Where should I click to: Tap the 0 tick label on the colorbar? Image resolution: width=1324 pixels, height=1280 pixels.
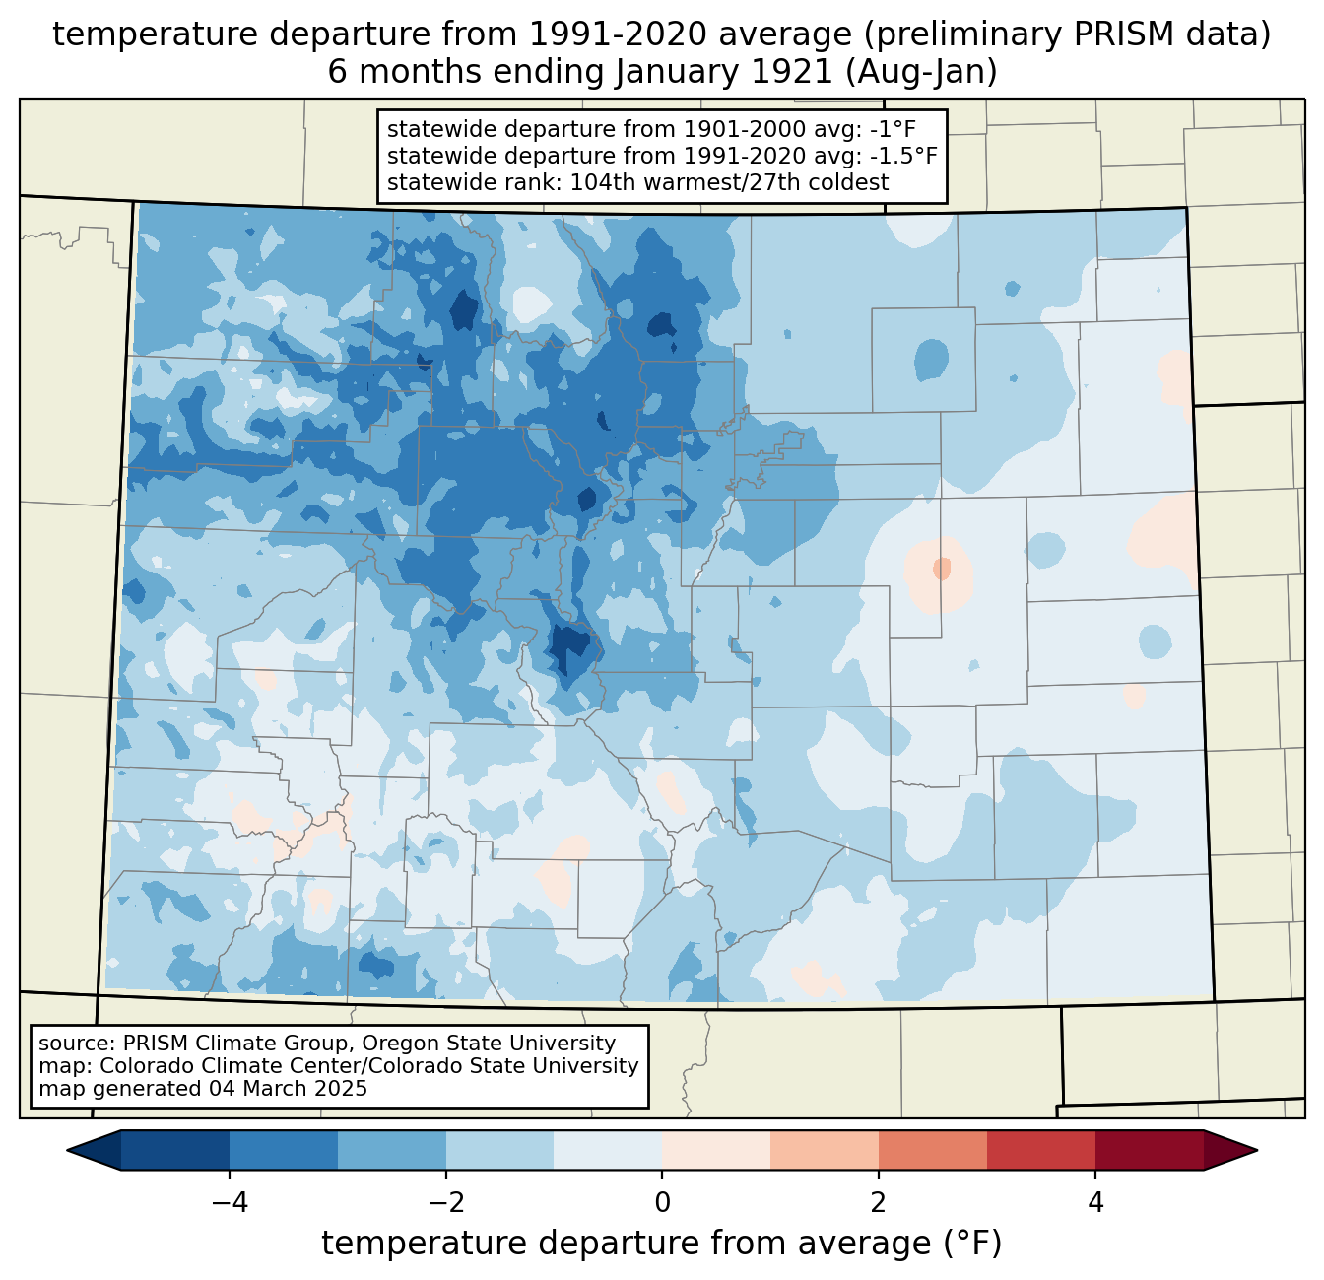pos(662,1202)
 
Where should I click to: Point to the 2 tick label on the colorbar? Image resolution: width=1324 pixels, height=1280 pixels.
pos(879,1202)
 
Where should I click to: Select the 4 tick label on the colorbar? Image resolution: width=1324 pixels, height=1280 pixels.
pos(1095,1202)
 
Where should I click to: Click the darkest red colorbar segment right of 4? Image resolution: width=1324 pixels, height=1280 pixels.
pos(1149,1150)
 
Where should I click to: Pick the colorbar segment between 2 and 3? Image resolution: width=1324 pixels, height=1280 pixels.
pos(932,1150)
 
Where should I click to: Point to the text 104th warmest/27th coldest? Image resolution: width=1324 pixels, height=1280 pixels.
pos(729,182)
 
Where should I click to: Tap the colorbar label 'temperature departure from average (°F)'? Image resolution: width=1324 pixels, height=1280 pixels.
pos(661,1244)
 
